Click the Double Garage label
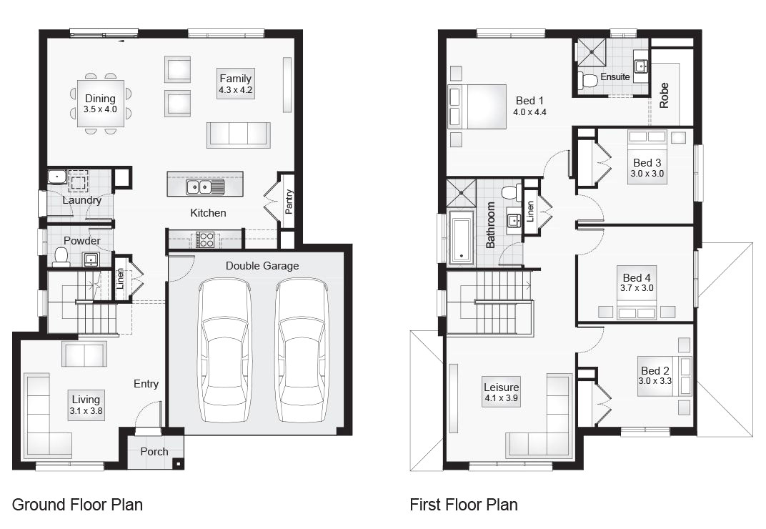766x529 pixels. pyautogui.click(x=262, y=266)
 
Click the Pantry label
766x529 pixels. pyautogui.click(x=289, y=202)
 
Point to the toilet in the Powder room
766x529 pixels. pyautogui.click(x=61, y=257)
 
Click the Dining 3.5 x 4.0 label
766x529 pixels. pyautogui.click(x=100, y=104)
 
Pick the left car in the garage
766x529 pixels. pyautogui.click(x=225, y=350)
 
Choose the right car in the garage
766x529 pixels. pyautogui.click(x=302, y=350)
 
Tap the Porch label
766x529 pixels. pyautogui.click(x=154, y=452)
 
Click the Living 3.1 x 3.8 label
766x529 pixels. pyautogui.click(x=86, y=405)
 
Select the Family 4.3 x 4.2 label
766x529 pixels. pyautogui.click(x=236, y=84)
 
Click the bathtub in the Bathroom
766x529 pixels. pyautogui.click(x=461, y=237)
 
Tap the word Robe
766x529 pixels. pyautogui.click(x=663, y=95)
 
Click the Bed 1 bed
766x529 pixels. pyautogui.click(x=477, y=107)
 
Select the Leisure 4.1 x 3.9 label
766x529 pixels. pyautogui.click(x=501, y=392)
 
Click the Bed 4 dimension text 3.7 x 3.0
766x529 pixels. pyautogui.click(x=637, y=288)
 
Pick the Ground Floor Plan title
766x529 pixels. pyautogui.click(x=77, y=505)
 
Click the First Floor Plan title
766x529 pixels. pyautogui.click(x=464, y=505)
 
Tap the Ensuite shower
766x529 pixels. pyautogui.click(x=592, y=51)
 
